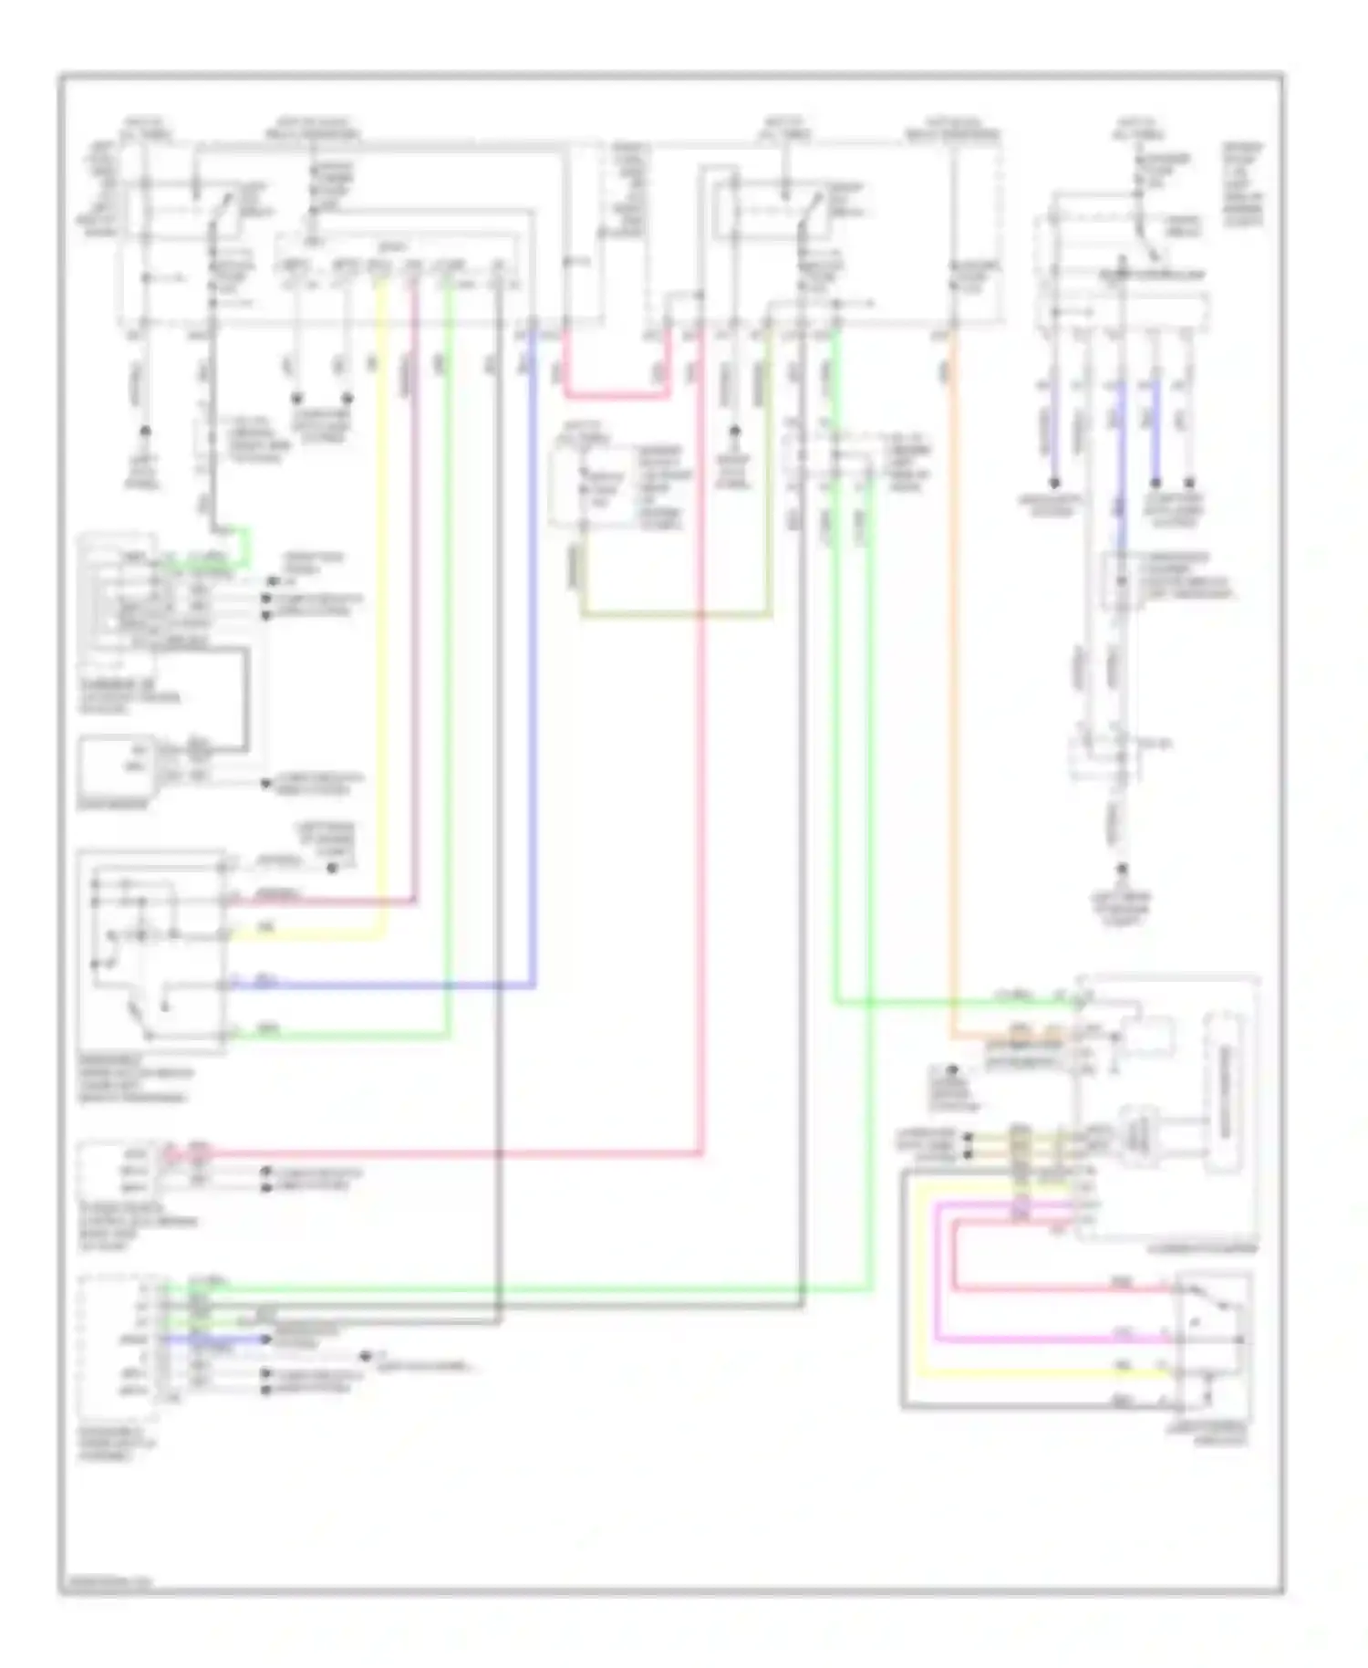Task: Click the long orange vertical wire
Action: point(952,684)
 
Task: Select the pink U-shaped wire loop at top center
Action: point(616,395)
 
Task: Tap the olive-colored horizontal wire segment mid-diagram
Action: point(675,615)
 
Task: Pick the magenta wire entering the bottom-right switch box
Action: point(1049,1340)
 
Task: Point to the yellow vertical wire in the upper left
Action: point(382,593)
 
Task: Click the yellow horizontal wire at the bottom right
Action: point(1049,1372)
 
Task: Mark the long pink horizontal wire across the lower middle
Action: point(456,1153)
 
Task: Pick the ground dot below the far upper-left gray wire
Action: point(144,432)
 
